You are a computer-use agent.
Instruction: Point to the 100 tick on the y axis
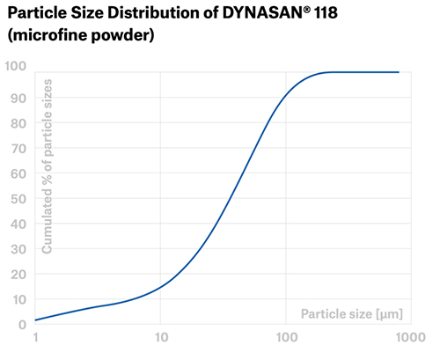(x=14, y=66)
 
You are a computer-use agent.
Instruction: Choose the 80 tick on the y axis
(x=18, y=122)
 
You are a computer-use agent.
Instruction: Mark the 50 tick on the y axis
(x=18, y=199)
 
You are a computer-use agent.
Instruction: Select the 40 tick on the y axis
(x=18, y=224)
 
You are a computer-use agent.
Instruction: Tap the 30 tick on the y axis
(x=18, y=250)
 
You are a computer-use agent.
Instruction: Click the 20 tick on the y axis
(x=18, y=276)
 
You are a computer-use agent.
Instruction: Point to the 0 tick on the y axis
(x=21, y=326)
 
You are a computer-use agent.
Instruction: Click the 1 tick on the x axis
(x=36, y=340)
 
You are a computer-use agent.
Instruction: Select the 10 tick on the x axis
(x=160, y=340)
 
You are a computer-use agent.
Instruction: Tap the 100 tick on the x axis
(x=285, y=340)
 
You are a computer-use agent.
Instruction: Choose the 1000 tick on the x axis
(x=408, y=340)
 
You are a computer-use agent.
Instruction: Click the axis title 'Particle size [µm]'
(x=351, y=313)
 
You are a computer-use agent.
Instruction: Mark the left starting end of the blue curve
(x=36, y=320)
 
